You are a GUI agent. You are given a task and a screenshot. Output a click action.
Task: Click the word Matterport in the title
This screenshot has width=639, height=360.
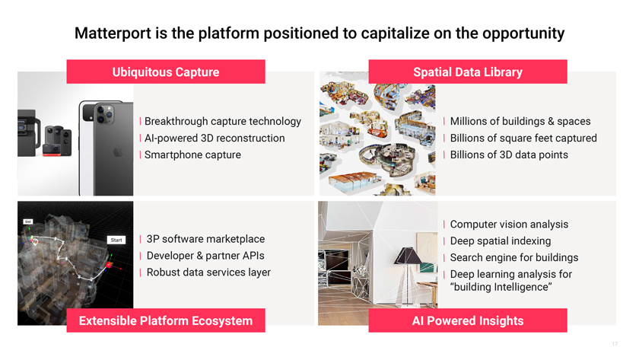tap(113, 33)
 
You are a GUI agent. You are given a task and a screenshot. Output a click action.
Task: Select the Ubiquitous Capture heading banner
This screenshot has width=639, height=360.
tap(166, 72)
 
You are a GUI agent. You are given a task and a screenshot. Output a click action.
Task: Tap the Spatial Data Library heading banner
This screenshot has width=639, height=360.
tap(468, 72)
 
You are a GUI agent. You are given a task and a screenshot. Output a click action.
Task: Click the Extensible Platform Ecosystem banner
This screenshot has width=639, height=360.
tap(166, 320)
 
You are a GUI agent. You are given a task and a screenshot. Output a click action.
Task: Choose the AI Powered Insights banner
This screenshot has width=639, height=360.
tap(468, 320)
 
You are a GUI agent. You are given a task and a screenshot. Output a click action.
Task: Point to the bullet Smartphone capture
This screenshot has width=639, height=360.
tap(192, 155)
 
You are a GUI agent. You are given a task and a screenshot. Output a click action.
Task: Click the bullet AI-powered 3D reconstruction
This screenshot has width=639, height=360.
tap(215, 139)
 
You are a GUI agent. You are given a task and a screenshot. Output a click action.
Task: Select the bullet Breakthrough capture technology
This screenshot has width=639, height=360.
tap(222, 122)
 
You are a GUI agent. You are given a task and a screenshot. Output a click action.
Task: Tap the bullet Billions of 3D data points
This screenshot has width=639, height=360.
tap(509, 155)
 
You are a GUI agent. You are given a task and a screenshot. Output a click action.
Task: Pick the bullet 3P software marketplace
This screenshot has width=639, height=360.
tap(205, 239)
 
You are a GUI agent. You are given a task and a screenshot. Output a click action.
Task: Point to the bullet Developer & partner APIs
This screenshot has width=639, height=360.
tap(205, 256)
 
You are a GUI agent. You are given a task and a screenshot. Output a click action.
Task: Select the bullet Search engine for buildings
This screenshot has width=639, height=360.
tap(514, 258)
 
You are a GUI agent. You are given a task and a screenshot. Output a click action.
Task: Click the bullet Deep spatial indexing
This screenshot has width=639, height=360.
tap(501, 241)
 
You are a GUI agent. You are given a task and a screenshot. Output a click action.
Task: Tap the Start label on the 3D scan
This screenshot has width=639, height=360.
tap(116, 241)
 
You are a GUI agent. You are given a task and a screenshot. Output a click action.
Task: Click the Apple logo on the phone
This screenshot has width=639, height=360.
tap(118, 152)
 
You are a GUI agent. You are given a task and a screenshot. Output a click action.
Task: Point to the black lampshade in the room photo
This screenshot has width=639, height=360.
tap(408, 256)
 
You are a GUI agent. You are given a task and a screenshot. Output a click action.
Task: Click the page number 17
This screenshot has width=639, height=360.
tap(615, 344)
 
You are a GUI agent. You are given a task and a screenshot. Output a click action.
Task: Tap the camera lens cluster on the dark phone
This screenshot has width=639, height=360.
tap(104, 113)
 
